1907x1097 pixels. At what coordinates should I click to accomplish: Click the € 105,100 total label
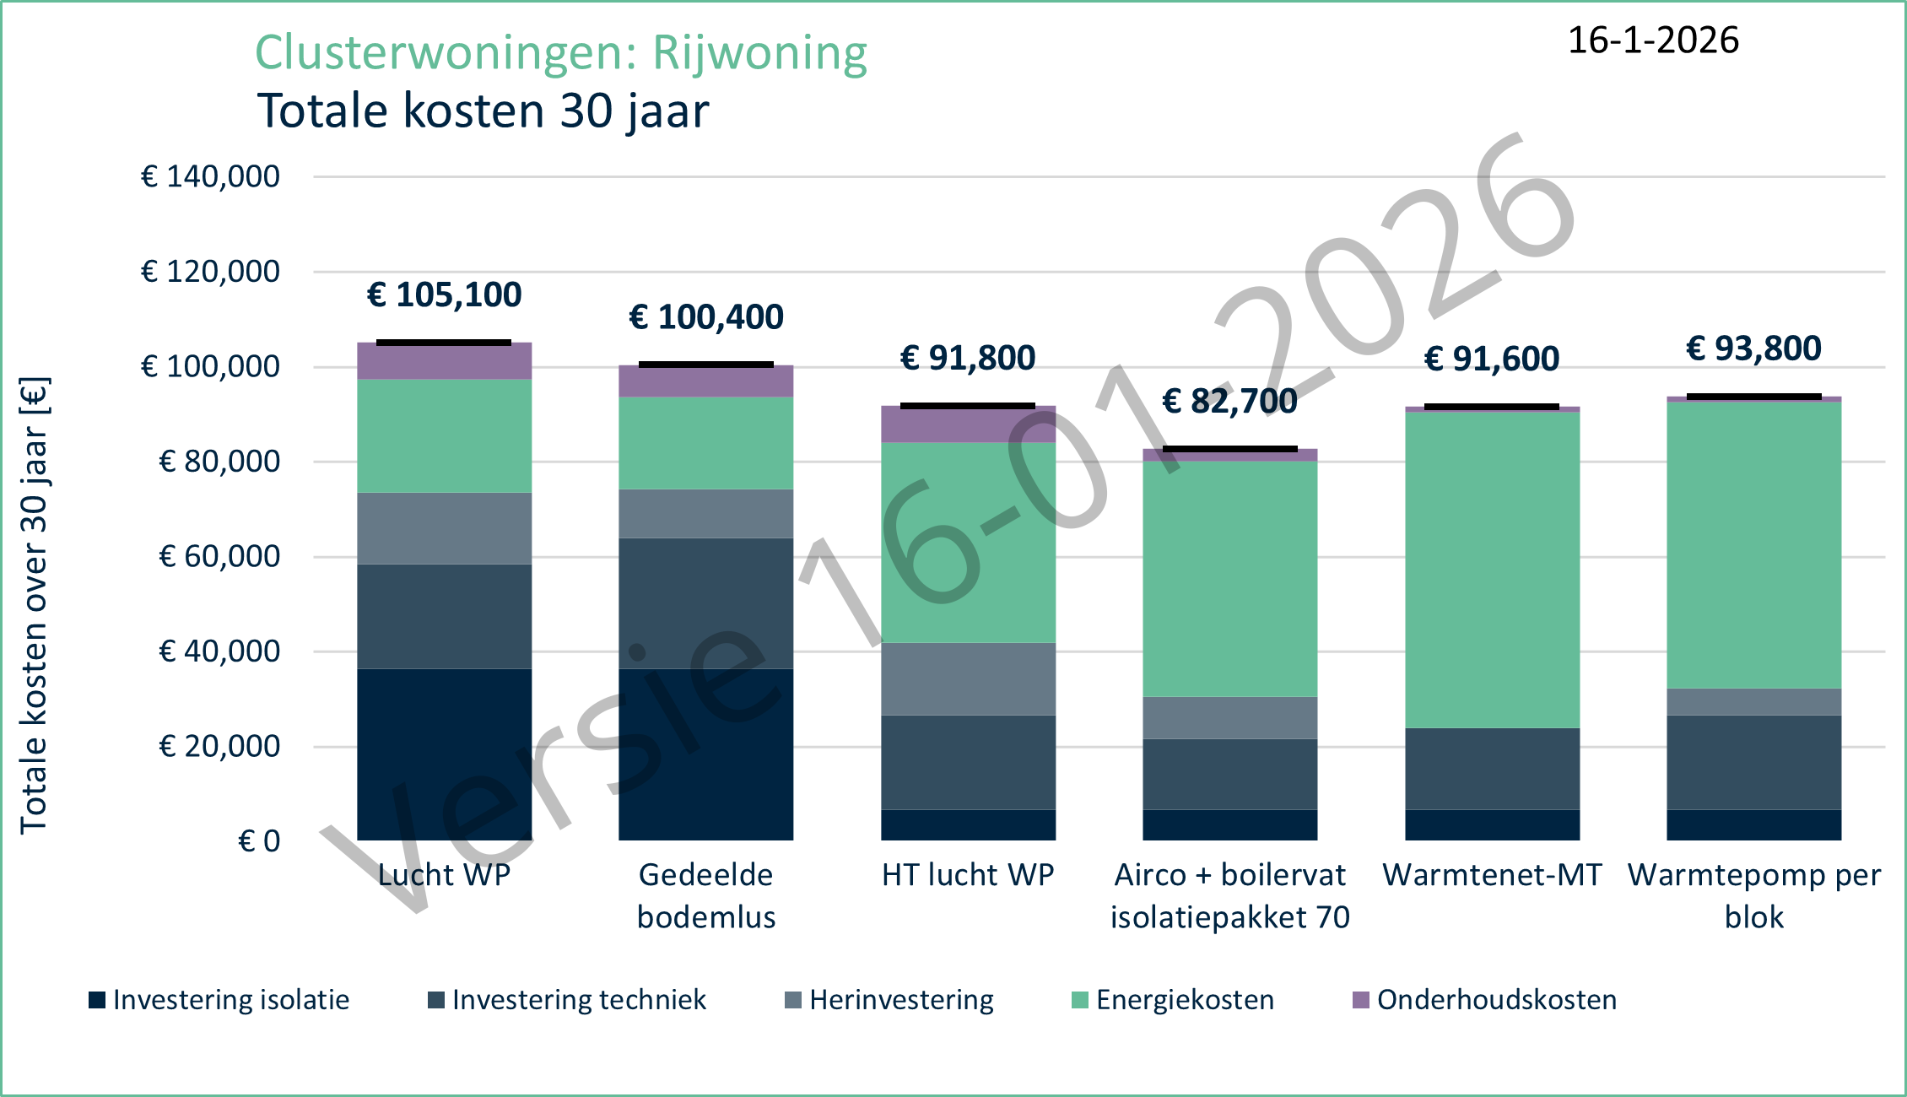(x=444, y=295)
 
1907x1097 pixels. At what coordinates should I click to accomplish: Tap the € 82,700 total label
(x=1229, y=402)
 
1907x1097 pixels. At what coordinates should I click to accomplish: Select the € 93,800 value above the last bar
(x=1753, y=349)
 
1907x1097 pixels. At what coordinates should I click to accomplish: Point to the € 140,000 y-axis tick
(x=210, y=177)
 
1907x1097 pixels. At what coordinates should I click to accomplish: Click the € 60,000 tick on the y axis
(x=219, y=557)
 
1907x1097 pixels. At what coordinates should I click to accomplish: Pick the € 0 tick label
(x=259, y=841)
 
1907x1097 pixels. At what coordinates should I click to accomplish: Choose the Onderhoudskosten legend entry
(x=1485, y=1000)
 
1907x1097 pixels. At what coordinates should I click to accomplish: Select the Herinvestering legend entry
(x=889, y=1000)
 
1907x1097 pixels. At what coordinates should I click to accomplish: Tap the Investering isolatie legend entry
(x=219, y=1000)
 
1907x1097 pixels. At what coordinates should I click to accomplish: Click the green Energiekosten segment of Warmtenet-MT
(x=1492, y=570)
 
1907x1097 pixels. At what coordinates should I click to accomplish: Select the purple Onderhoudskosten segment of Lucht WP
(x=444, y=361)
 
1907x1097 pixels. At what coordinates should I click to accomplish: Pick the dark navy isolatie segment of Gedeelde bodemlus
(x=705, y=754)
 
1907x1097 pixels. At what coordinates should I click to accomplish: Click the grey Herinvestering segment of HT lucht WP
(x=968, y=679)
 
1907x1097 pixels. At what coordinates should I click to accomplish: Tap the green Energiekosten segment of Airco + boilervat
(x=1229, y=579)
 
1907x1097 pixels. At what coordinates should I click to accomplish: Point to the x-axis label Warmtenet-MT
(x=1492, y=875)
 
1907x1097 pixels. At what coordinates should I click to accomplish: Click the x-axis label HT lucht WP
(x=968, y=875)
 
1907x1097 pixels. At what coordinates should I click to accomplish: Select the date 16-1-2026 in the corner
(x=1653, y=41)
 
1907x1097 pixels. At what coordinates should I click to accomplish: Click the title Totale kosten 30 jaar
(x=483, y=111)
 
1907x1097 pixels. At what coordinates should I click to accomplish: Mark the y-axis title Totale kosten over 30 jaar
(x=35, y=605)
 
